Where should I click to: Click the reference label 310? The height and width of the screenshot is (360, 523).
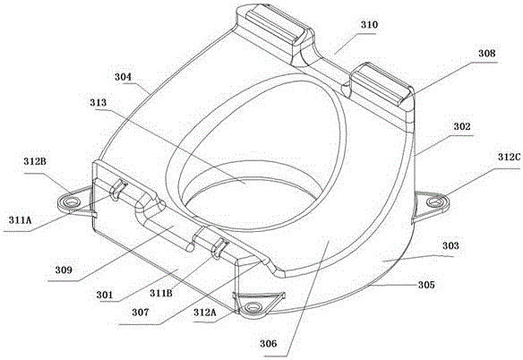click(x=369, y=25)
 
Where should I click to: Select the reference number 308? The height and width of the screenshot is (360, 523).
click(x=487, y=54)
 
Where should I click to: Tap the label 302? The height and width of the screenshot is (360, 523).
click(x=462, y=127)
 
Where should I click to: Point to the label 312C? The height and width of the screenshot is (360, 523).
click(x=509, y=157)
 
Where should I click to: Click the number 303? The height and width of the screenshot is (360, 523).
click(x=450, y=246)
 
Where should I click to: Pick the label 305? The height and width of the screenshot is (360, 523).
click(x=426, y=285)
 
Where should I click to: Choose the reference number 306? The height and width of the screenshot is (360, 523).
click(x=269, y=343)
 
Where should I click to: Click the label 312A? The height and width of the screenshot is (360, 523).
click(x=205, y=313)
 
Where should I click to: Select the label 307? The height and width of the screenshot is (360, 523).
click(x=141, y=313)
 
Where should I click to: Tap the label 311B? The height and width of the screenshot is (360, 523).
click(x=161, y=293)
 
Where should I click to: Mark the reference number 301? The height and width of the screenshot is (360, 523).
click(x=105, y=295)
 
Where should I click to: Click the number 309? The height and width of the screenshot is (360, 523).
click(x=64, y=270)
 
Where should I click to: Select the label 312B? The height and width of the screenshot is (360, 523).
click(x=35, y=161)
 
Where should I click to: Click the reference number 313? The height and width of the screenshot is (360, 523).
click(x=99, y=103)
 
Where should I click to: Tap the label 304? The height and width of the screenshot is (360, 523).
click(x=123, y=77)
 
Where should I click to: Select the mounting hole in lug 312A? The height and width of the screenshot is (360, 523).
click(x=254, y=306)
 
